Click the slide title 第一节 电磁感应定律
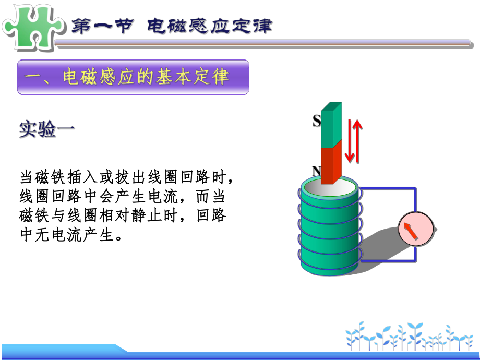pyautogui.click(x=172, y=26)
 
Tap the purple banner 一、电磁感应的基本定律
pyautogui.click(x=133, y=77)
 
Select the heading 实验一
pyautogui.click(x=46, y=129)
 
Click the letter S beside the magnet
pyautogui.click(x=316, y=121)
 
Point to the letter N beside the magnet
pyautogui.click(x=316, y=171)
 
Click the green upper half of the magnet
pyautogui.click(x=331, y=125)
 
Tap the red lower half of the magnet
pyautogui.click(x=331, y=164)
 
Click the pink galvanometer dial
pyautogui.click(x=416, y=230)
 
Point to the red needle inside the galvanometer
pyautogui.click(x=411, y=231)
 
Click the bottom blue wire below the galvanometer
pyautogui.click(x=389, y=259)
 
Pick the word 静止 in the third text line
pyautogui.click(x=144, y=215)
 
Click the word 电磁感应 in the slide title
pyautogui.click(x=187, y=26)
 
